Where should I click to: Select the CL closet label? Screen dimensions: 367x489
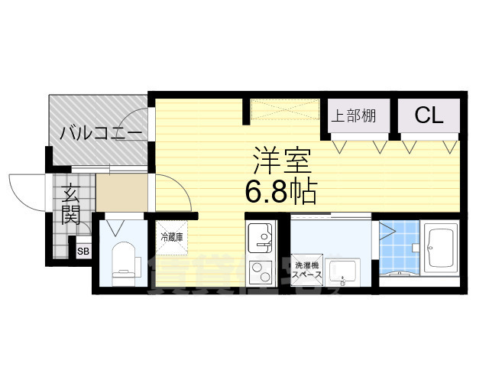[429, 115]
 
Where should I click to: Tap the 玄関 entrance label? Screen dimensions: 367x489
[71, 203]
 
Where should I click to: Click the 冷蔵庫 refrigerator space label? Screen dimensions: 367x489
[171, 237]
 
